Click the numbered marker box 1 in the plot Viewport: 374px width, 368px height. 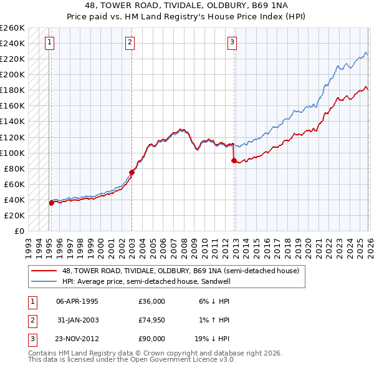(49, 42)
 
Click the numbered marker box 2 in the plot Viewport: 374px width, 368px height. (130, 42)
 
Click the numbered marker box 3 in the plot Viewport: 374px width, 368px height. (232, 42)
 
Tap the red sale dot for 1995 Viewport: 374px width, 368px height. (51, 203)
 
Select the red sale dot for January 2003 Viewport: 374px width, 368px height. (132, 172)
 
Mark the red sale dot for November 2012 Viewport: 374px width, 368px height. (234, 160)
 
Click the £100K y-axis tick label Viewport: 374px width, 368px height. (12, 153)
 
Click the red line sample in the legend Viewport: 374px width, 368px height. (45, 271)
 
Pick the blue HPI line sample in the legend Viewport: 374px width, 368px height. (45, 281)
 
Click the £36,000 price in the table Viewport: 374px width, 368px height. (151, 301)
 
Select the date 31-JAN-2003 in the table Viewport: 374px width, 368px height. (77, 320)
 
